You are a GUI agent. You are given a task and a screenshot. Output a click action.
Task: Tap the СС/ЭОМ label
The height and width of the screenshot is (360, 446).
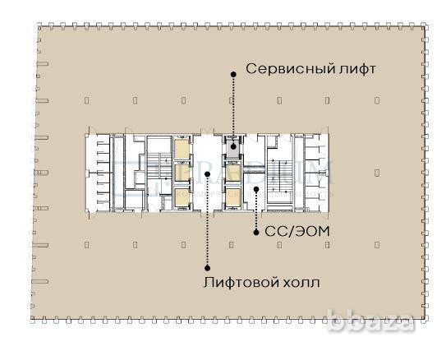[297, 232]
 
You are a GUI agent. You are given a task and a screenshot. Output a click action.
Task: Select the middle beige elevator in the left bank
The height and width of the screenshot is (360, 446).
[181, 173]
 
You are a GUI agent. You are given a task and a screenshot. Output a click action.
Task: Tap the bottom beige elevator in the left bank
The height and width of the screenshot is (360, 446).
[181, 197]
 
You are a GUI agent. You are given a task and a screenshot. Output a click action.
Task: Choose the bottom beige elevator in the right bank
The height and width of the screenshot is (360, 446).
[234, 197]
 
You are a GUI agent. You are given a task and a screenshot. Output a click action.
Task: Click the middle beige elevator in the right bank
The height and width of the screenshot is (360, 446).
[234, 173]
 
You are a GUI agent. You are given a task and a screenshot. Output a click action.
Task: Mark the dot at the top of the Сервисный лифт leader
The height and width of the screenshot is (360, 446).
[233, 73]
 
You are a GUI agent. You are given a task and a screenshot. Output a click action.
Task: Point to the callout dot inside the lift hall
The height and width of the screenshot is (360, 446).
[207, 173]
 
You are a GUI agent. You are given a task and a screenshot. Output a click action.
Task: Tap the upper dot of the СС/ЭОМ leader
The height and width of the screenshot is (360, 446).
[256, 190]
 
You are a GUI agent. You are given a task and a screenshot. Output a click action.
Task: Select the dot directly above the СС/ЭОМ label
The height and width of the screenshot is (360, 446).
[256, 233]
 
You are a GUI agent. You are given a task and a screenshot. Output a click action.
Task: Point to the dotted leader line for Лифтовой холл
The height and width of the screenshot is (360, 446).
[207, 222]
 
